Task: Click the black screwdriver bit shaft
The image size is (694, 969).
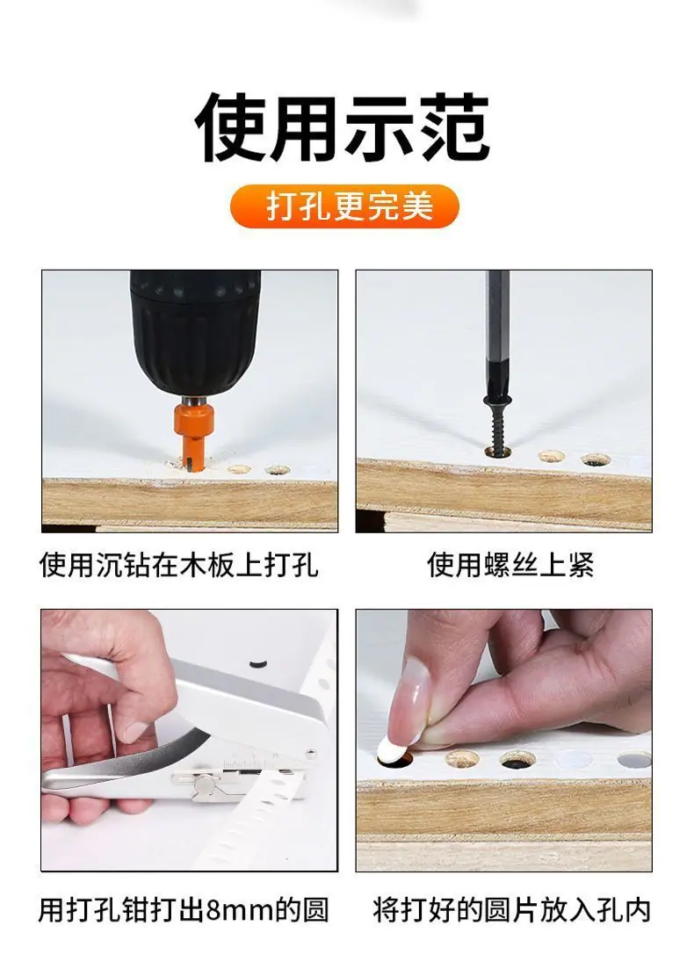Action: pos(497,334)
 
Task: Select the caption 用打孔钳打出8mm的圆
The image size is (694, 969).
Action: pos(184,909)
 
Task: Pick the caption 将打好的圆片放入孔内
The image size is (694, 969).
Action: pos(512,909)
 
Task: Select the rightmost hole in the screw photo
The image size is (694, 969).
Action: pos(596,459)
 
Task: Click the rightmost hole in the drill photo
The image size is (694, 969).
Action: pos(278,470)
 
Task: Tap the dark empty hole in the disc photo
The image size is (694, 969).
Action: pos(517,759)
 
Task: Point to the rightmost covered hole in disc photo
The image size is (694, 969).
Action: pos(634,759)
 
